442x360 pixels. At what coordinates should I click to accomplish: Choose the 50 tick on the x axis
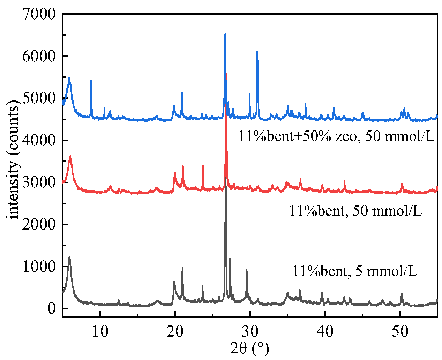point(400,330)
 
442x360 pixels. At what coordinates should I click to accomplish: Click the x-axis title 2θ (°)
point(250,348)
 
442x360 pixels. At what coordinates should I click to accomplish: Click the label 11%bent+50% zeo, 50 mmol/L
point(336,136)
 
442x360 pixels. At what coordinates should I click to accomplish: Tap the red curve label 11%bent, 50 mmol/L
point(355,210)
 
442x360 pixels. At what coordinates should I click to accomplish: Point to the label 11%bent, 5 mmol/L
point(354,271)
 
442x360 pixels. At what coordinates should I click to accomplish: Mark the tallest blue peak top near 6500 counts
point(225,34)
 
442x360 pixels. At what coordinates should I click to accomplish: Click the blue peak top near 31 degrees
point(257,52)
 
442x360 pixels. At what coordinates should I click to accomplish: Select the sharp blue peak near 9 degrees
point(91,81)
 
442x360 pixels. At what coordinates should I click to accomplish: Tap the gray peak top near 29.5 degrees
point(246,270)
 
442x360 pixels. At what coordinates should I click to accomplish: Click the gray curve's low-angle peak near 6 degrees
point(69,257)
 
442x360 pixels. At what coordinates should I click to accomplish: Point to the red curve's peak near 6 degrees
point(70,156)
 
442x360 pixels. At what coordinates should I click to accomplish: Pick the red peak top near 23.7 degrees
point(203,166)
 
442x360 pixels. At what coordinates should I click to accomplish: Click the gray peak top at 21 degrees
point(182,268)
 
